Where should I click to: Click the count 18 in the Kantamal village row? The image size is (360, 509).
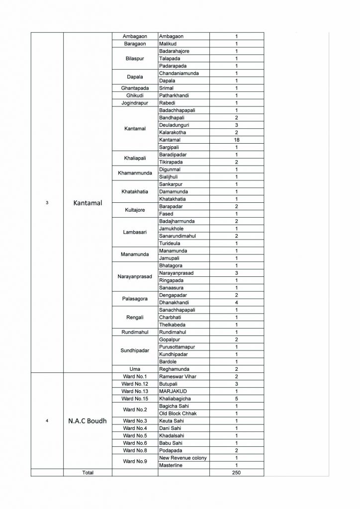click(x=237, y=140)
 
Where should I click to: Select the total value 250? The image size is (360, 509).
click(x=237, y=472)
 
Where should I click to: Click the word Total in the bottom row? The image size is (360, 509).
click(x=88, y=472)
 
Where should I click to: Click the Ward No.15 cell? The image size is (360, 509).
click(x=135, y=399)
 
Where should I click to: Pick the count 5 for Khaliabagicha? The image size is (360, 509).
click(x=237, y=399)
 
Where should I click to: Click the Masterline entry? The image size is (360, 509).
click(x=172, y=465)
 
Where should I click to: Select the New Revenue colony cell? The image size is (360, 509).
click(x=182, y=457)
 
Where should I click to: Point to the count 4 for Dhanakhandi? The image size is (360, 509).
click(x=237, y=302)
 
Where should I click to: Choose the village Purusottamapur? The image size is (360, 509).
click(x=178, y=346)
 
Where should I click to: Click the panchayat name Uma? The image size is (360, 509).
click(x=135, y=369)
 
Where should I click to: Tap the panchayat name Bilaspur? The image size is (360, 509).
click(x=135, y=59)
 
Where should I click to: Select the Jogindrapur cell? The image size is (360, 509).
click(x=135, y=103)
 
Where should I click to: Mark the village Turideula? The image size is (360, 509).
click(x=170, y=243)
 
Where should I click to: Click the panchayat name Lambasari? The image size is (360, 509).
click(x=135, y=232)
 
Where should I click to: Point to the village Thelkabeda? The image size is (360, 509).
click(x=172, y=325)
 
